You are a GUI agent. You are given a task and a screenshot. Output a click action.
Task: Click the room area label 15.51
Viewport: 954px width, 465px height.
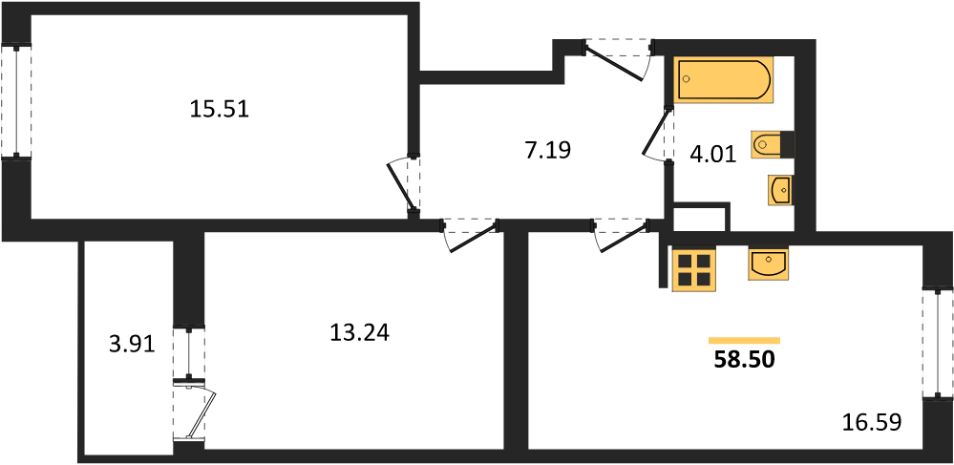[x=220, y=110]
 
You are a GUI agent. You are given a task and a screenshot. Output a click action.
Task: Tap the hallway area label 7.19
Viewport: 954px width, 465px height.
[x=547, y=149]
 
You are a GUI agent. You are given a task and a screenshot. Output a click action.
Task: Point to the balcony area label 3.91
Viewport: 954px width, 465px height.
[x=133, y=345]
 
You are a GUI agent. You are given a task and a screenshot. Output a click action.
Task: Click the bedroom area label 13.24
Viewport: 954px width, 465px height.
[x=359, y=332]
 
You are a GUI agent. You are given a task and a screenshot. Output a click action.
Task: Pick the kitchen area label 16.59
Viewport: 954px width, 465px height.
[x=871, y=421]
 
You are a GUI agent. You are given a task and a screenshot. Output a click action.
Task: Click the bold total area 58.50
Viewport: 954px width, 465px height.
[x=745, y=360]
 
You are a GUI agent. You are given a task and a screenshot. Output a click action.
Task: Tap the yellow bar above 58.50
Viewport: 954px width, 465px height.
[x=745, y=340]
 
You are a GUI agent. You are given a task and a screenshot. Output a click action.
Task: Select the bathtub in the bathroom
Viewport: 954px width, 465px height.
[x=724, y=79]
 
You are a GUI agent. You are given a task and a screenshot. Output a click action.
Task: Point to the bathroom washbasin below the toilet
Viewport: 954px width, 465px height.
[x=779, y=191]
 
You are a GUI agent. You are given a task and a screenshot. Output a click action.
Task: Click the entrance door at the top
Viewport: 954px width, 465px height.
[x=617, y=59]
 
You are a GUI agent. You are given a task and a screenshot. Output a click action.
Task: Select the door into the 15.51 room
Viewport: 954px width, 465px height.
[x=404, y=185]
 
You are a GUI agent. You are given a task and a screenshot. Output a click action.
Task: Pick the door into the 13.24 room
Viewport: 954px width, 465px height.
[x=470, y=236]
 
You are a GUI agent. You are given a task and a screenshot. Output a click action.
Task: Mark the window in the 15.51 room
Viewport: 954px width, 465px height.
[x=17, y=102]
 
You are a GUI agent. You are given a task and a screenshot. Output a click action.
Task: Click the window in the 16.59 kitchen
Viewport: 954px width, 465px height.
[x=937, y=345]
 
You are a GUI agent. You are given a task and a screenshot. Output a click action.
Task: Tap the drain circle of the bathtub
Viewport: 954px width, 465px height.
[x=687, y=79]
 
